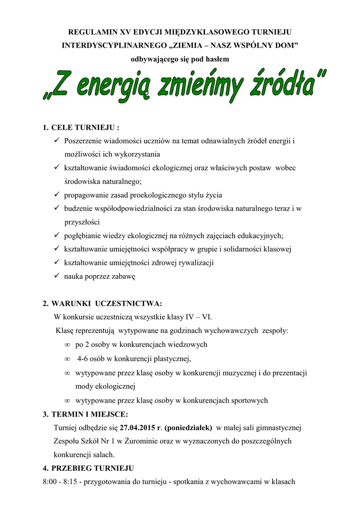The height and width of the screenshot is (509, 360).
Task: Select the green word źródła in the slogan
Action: pyautogui.click(x=281, y=85)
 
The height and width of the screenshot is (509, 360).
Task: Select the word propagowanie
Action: pyautogui.click(x=89, y=195)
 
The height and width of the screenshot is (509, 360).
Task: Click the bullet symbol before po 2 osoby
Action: pyautogui.click(x=67, y=344)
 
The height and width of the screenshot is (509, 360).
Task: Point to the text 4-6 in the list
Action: pyautogui.click(x=83, y=358)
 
